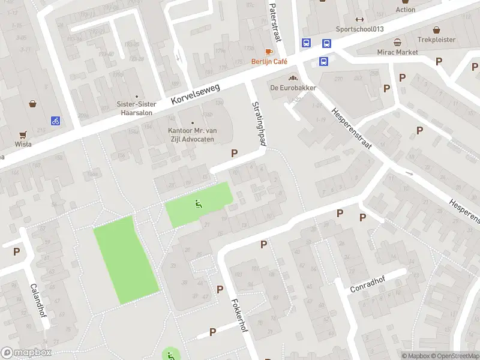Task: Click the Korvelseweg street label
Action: (196, 95)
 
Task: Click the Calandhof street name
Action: (37, 299)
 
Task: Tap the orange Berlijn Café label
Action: (269, 62)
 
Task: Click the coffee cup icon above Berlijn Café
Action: (269, 52)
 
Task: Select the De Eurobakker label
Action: (293, 88)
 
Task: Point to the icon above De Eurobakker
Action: (293, 77)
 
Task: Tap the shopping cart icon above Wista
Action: (23, 134)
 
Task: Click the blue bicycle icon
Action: (55, 121)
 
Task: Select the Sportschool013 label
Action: (359, 29)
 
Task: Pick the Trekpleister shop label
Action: (436, 40)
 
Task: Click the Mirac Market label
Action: (397, 52)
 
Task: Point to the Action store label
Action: (406, 10)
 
